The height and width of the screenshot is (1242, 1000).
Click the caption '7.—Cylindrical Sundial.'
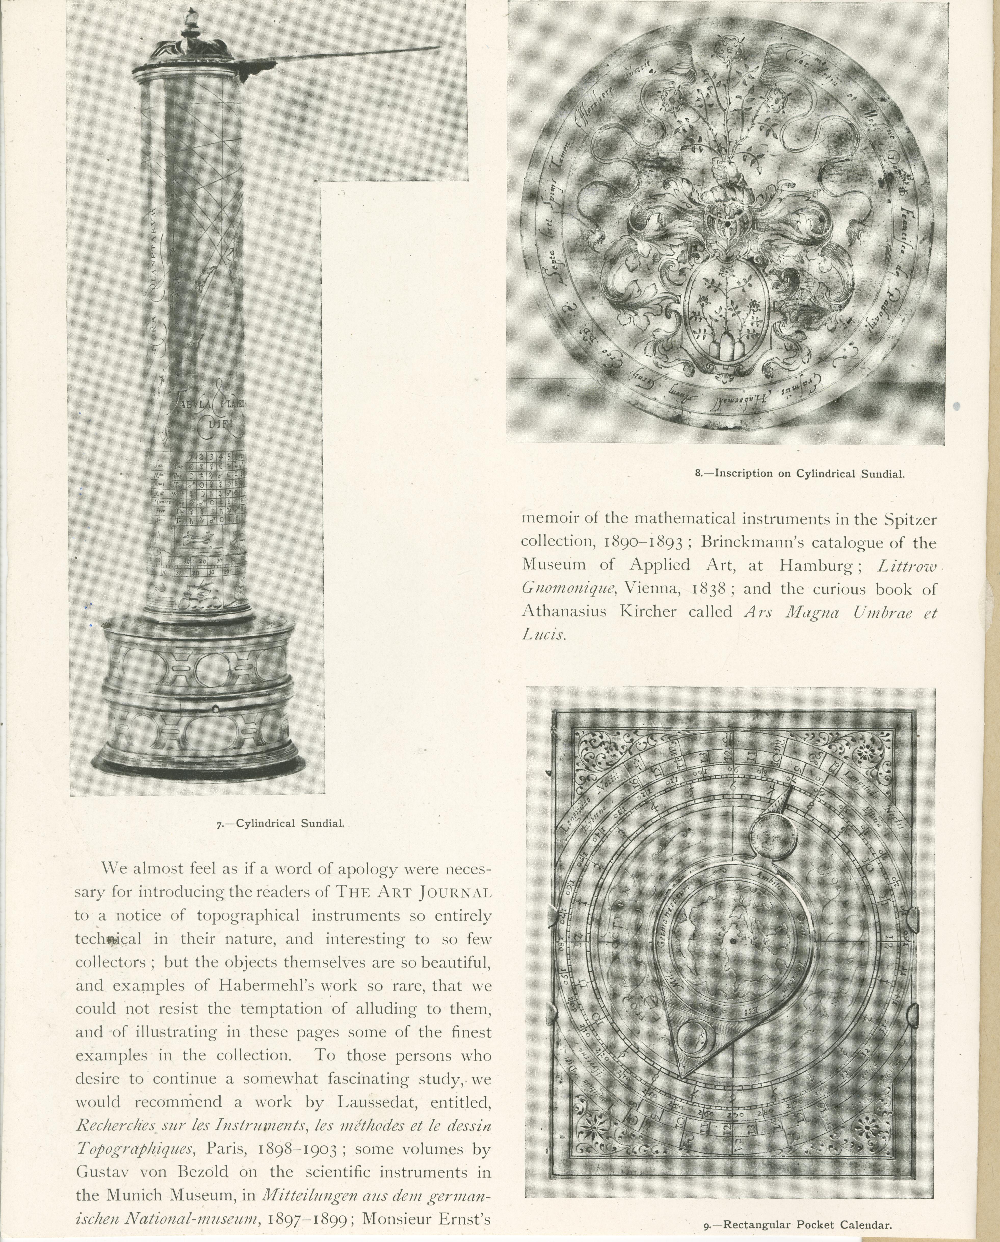[x=281, y=823]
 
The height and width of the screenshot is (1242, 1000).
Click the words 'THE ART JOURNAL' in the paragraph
[x=414, y=893]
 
